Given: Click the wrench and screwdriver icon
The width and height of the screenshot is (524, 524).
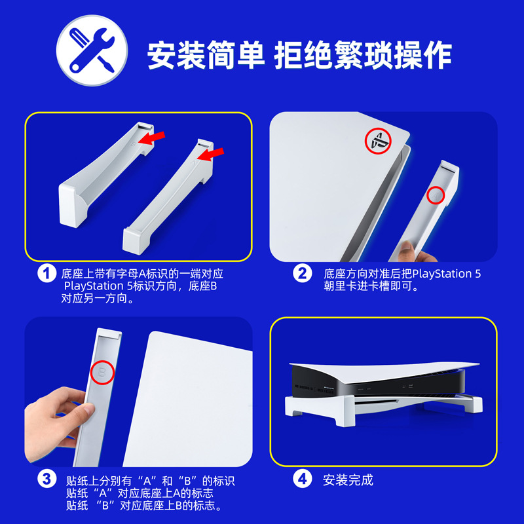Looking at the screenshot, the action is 92,50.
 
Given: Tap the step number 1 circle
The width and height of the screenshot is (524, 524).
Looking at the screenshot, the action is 47,273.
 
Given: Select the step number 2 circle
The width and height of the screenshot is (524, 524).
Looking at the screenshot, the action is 303,273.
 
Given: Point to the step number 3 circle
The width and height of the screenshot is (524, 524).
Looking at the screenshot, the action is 47,479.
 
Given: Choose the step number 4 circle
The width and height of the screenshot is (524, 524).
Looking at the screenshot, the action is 303,479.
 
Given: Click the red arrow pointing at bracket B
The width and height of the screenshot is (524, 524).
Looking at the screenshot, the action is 152,138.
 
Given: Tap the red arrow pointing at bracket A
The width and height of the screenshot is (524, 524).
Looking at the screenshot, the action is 210,155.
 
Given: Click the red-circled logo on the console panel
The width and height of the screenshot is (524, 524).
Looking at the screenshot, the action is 378,140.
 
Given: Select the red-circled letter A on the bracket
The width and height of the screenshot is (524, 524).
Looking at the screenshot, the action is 436,195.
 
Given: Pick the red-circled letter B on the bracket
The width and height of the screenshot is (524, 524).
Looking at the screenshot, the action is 102,372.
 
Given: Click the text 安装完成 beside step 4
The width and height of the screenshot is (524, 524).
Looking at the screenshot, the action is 348,480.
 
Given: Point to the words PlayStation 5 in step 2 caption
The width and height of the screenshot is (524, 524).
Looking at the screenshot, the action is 447,274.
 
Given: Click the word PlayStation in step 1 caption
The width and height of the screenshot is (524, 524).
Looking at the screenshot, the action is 94,286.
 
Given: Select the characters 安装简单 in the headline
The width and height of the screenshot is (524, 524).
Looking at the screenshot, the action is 206,55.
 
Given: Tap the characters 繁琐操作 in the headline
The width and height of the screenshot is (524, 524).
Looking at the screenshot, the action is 392,55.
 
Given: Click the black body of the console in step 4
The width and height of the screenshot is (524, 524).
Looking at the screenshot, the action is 378,381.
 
